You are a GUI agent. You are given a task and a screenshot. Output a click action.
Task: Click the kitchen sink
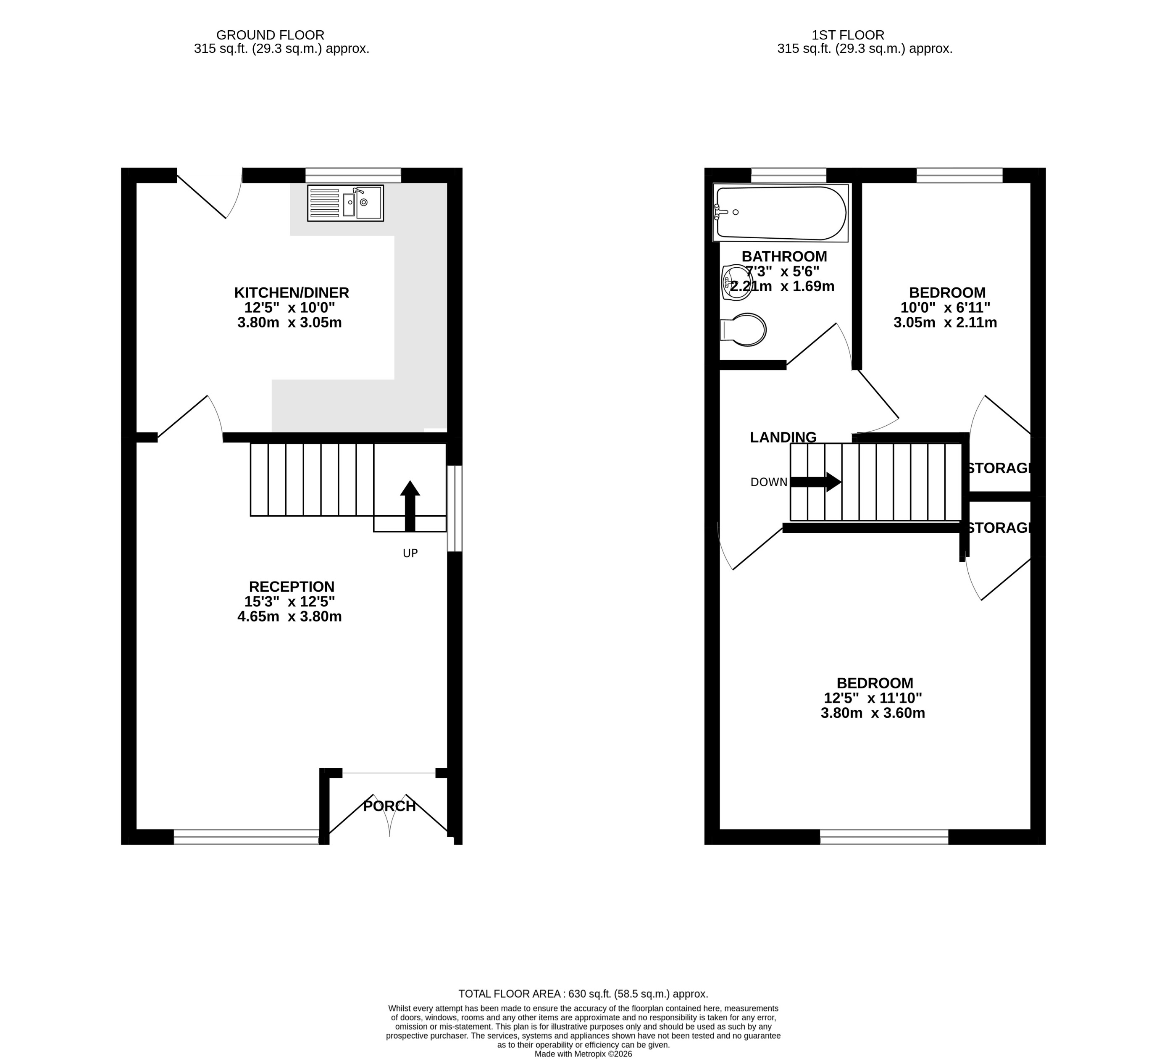pyautogui.click(x=346, y=203)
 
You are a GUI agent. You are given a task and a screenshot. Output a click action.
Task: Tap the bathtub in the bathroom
pyautogui.click(x=781, y=213)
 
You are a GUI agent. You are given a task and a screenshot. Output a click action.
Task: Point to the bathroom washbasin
pyautogui.click(x=737, y=282)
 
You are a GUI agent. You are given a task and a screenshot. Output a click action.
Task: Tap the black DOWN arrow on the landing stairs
pyautogui.click(x=816, y=482)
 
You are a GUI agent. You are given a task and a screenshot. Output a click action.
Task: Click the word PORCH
pyautogui.click(x=389, y=806)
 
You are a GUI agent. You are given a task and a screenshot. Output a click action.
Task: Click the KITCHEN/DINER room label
pyautogui.click(x=291, y=292)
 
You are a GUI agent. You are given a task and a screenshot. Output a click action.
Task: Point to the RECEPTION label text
pyautogui.click(x=291, y=587)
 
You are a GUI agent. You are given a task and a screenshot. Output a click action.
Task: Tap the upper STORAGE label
pyautogui.click(x=1000, y=468)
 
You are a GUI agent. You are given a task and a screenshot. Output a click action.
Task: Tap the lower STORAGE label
pyautogui.click(x=1000, y=528)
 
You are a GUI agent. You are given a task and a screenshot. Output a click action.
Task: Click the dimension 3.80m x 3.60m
pyautogui.click(x=873, y=713)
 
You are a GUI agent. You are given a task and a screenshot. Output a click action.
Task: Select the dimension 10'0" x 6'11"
pyautogui.click(x=945, y=308)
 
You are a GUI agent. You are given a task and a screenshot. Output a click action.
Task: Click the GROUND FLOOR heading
pyautogui.click(x=271, y=35)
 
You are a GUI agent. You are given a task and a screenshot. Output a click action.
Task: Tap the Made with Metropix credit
pyautogui.click(x=583, y=1054)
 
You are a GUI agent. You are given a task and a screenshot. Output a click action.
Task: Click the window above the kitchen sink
pyautogui.click(x=353, y=175)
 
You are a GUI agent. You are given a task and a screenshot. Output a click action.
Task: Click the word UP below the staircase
pyautogui.click(x=410, y=553)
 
